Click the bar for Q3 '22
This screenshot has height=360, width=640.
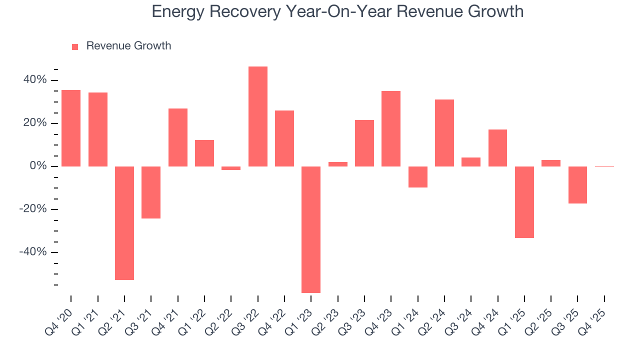(257, 116)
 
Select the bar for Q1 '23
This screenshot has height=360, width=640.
(311, 229)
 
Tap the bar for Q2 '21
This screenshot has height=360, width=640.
(124, 223)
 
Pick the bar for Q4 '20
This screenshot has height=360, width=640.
(71, 128)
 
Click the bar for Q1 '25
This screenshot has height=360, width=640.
(524, 202)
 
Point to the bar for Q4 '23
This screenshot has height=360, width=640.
(391, 128)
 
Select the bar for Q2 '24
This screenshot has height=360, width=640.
(444, 133)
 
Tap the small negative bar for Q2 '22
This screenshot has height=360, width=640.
(231, 168)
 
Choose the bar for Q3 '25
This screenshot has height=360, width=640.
(577, 185)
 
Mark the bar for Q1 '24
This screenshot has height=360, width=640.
(418, 177)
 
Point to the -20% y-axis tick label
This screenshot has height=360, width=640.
(33, 209)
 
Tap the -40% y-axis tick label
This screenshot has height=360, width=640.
(33, 252)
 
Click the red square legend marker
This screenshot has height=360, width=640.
(75, 47)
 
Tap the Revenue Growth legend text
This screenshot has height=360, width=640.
(128, 46)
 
